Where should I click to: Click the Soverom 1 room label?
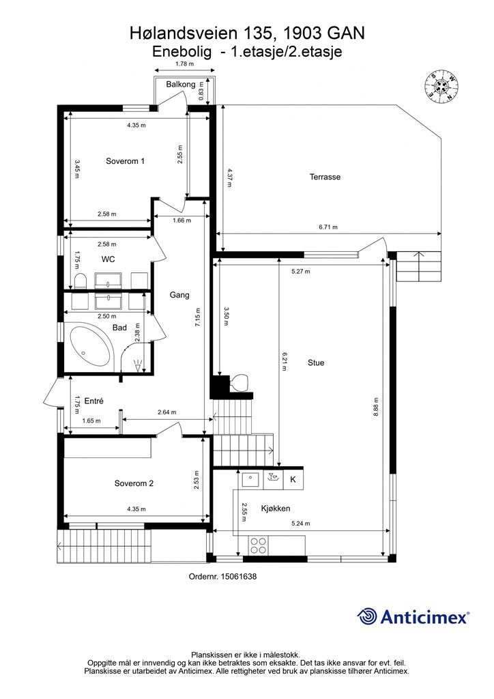click(125, 161)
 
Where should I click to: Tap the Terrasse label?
click(325, 177)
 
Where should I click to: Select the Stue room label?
click(316, 363)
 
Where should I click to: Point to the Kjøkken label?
click(276, 508)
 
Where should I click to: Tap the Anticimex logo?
click(413, 617)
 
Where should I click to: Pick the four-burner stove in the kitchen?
click(259, 544)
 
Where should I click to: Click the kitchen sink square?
click(251, 479)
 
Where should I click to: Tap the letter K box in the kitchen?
click(293, 479)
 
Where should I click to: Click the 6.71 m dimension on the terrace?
click(328, 227)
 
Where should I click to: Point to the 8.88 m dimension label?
click(376, 407)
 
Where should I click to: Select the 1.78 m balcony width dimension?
click(184, 63)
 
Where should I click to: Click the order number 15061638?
click(222, 576)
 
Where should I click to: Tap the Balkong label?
click(181, 84)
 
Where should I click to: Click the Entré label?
click(93, 401)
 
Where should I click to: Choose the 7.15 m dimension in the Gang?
click(198, 317)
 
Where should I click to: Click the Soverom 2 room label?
click(134, 483)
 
